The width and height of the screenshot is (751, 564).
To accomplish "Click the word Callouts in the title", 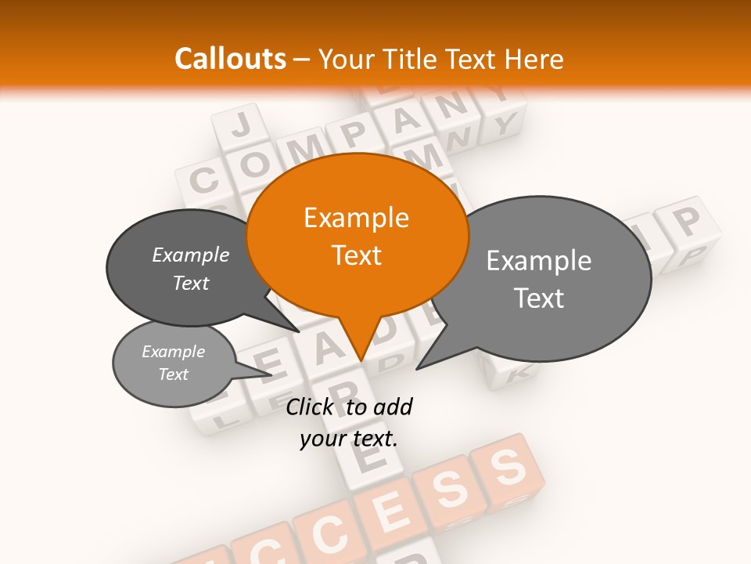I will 230,59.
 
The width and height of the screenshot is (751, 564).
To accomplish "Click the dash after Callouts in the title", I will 302,60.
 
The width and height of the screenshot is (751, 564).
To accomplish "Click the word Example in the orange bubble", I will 356,218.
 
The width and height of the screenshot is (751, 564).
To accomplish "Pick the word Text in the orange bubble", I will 356,255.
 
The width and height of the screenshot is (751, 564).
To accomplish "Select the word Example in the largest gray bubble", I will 539,261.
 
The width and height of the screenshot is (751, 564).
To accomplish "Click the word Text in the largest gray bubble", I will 539,298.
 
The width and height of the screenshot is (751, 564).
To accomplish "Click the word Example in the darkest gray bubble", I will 191,255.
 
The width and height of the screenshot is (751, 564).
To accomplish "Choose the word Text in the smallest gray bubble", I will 174,374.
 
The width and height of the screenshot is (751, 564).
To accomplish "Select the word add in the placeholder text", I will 393,407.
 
